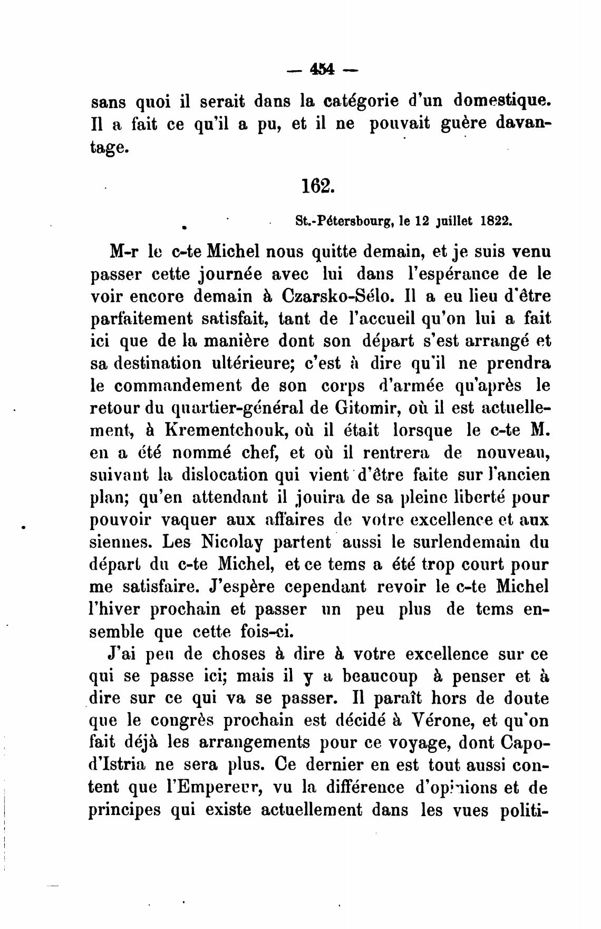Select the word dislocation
[227, 475]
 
